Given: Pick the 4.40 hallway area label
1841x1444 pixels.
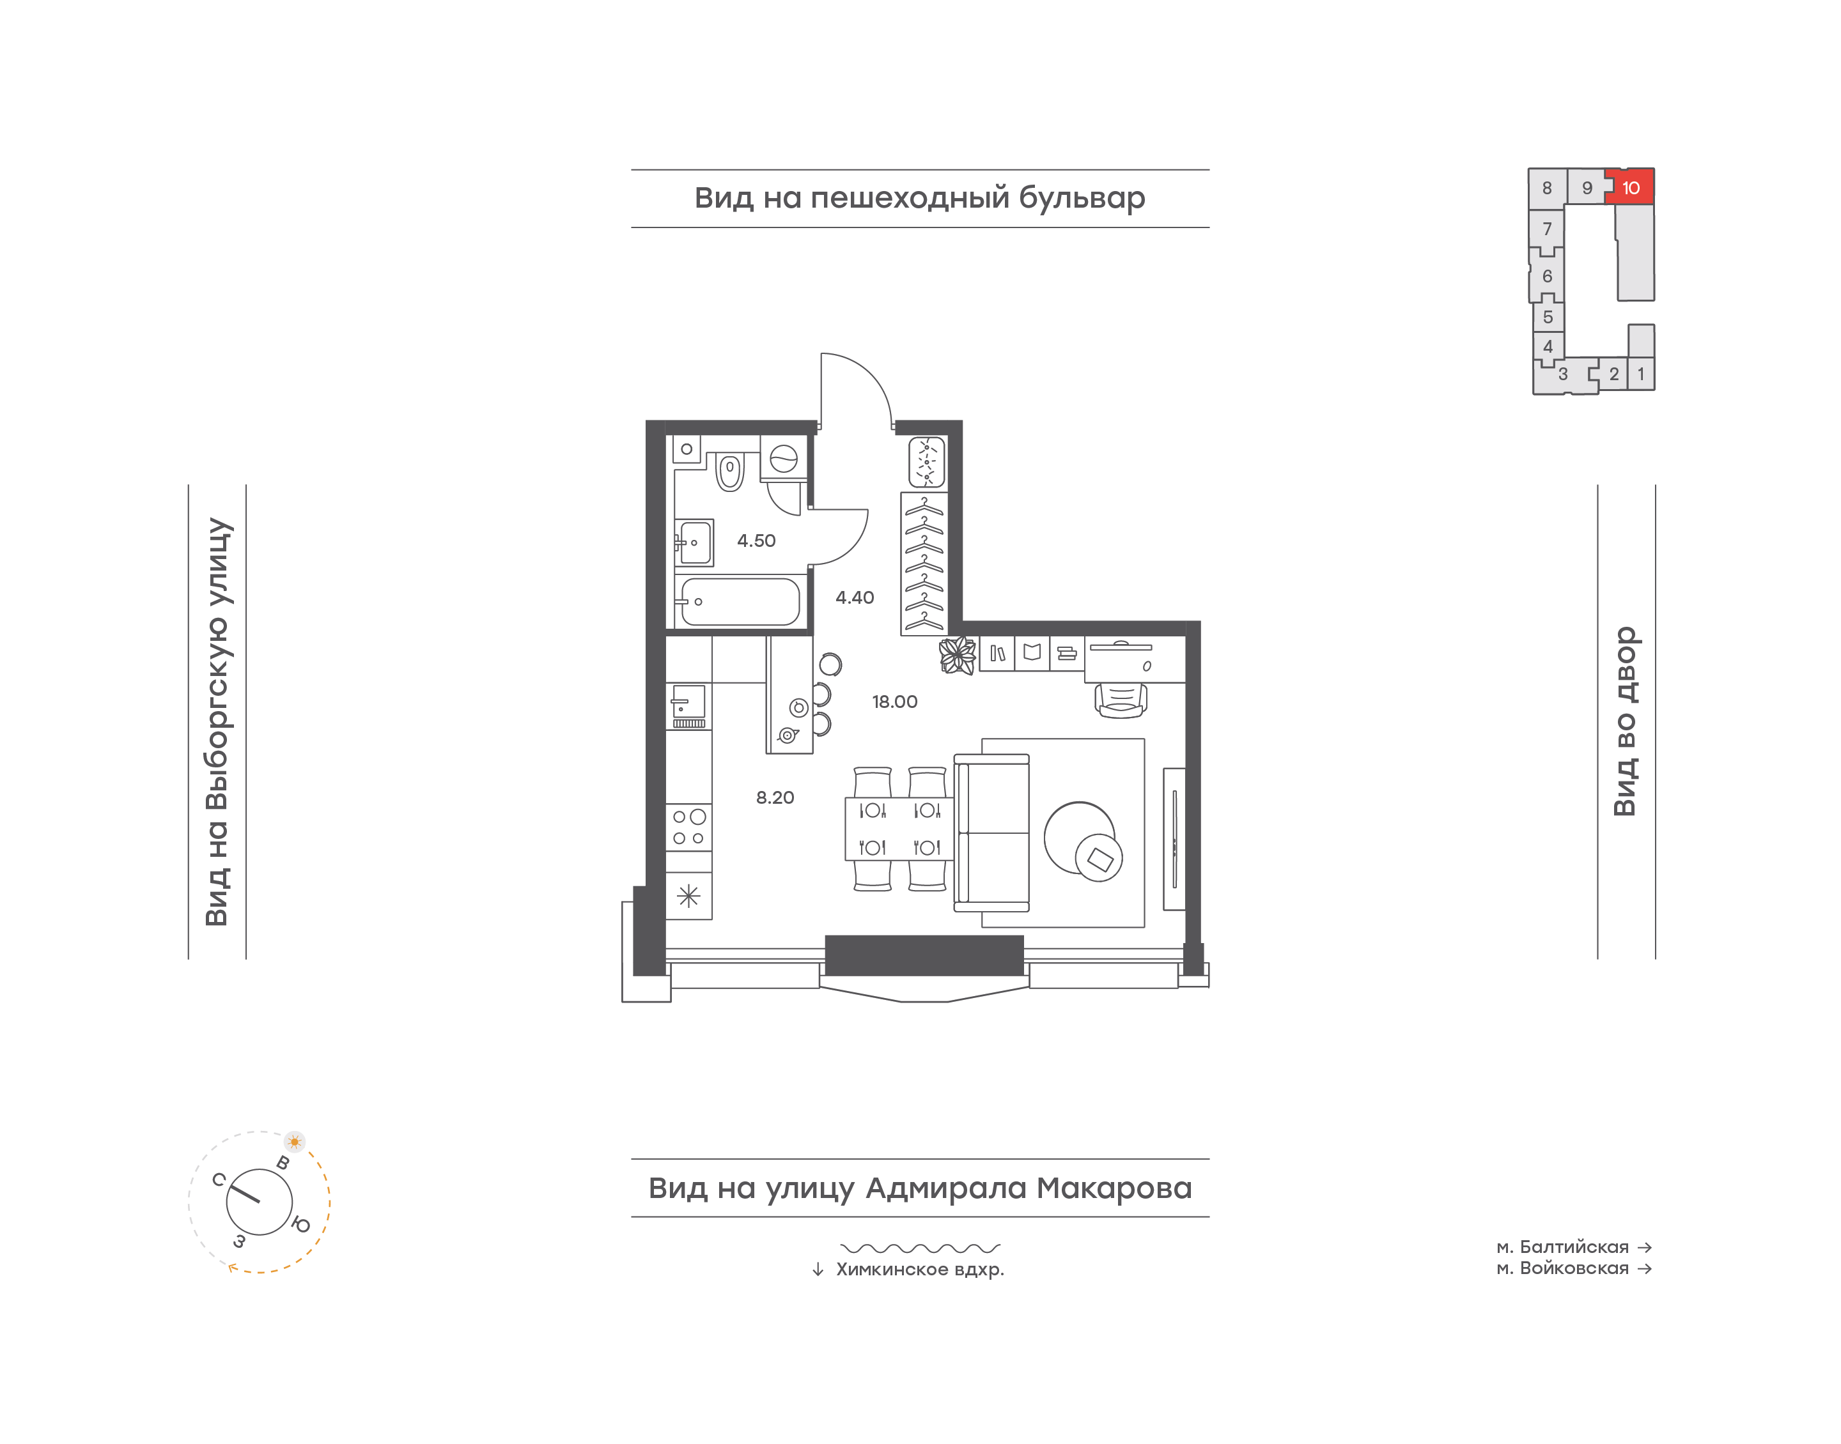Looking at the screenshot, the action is pos(854,597).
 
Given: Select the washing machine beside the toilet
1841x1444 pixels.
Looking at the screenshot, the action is pos(783,458).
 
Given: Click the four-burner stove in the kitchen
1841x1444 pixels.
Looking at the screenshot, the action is pos(688,827).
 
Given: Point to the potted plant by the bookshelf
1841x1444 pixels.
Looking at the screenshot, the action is pos(958,655).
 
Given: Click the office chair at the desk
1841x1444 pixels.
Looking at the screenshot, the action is pos(1121,700).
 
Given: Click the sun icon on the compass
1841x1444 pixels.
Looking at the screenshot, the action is pos(294,1141).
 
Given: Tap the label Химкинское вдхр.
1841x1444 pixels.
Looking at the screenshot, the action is pos(919,1269).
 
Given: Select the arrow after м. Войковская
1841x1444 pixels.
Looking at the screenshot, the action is pos(1645,1268).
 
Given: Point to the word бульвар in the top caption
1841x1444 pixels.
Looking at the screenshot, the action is pos(1082,198).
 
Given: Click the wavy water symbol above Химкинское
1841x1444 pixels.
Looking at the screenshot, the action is pos(920,1248).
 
